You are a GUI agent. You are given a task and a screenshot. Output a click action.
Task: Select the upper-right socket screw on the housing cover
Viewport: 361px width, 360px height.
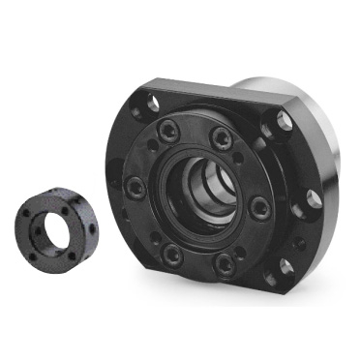[223, 137]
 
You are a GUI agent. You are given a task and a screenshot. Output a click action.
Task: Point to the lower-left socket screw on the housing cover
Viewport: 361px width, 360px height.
[171, 255]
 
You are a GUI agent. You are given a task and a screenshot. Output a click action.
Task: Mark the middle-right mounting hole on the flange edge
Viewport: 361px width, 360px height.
[315, 200]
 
